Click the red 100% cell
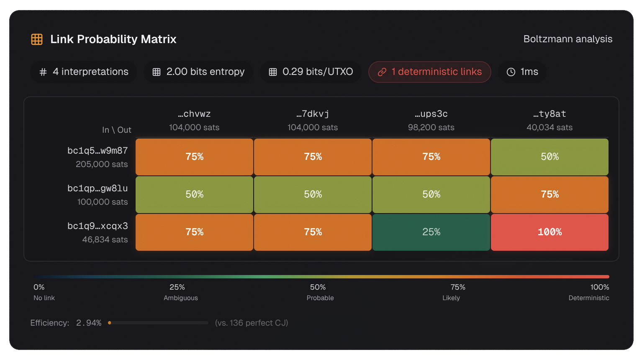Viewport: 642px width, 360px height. (550, 232)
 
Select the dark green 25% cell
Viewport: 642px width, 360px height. (431, 232)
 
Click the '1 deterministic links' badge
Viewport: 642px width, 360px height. (429, 72)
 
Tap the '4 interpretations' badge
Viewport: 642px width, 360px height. (84, 72)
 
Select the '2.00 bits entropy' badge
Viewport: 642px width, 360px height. (198, 72)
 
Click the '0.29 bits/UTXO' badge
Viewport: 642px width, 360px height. (311, 72)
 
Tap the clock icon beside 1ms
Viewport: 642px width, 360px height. (511, 72)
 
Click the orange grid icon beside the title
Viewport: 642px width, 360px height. (37, 39)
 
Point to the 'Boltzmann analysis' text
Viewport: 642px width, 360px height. (568, 39)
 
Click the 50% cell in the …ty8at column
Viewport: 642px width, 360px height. (550, 157)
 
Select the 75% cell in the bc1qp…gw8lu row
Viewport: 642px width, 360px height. (550, 195)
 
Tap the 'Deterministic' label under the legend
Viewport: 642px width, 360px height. (588, 298)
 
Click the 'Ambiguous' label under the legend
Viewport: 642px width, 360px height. (181, 298)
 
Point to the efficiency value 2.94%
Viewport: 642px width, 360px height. (89, 323)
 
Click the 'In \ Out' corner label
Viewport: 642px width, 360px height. (117, 130)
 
